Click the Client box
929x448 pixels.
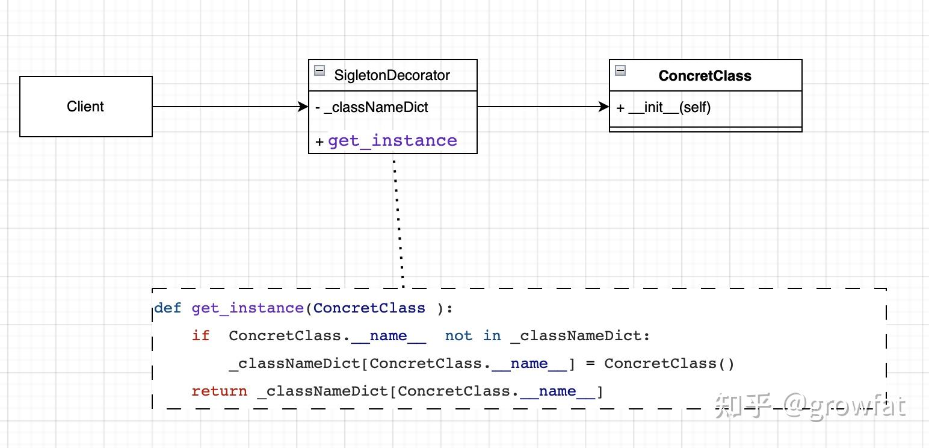click(85, 107)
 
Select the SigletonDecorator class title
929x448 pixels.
click(392, 75)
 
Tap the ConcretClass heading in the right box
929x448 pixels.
click(705, 76)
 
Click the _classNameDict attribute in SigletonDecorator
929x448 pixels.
click(375, 107)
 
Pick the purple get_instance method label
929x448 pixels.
click(392, 140)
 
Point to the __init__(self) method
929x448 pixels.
click(669, 107)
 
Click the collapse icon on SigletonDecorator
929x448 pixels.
click(319, 70)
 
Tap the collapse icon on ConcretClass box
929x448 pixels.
click(620, 70)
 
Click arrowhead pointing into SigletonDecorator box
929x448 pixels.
click(303, 107)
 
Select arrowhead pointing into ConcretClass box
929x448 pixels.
click(604, 107)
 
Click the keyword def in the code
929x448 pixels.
click(167, 308)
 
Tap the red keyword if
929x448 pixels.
click(200, 336)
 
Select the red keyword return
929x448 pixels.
click(219, 391)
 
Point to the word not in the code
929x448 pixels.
click(458, 336)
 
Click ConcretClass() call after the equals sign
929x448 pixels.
click(669, 364)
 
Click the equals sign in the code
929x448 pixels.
click(590, 364)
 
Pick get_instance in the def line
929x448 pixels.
click(247, 308)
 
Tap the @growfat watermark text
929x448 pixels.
click(845, 406)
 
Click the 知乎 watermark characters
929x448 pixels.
click(744, 406)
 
